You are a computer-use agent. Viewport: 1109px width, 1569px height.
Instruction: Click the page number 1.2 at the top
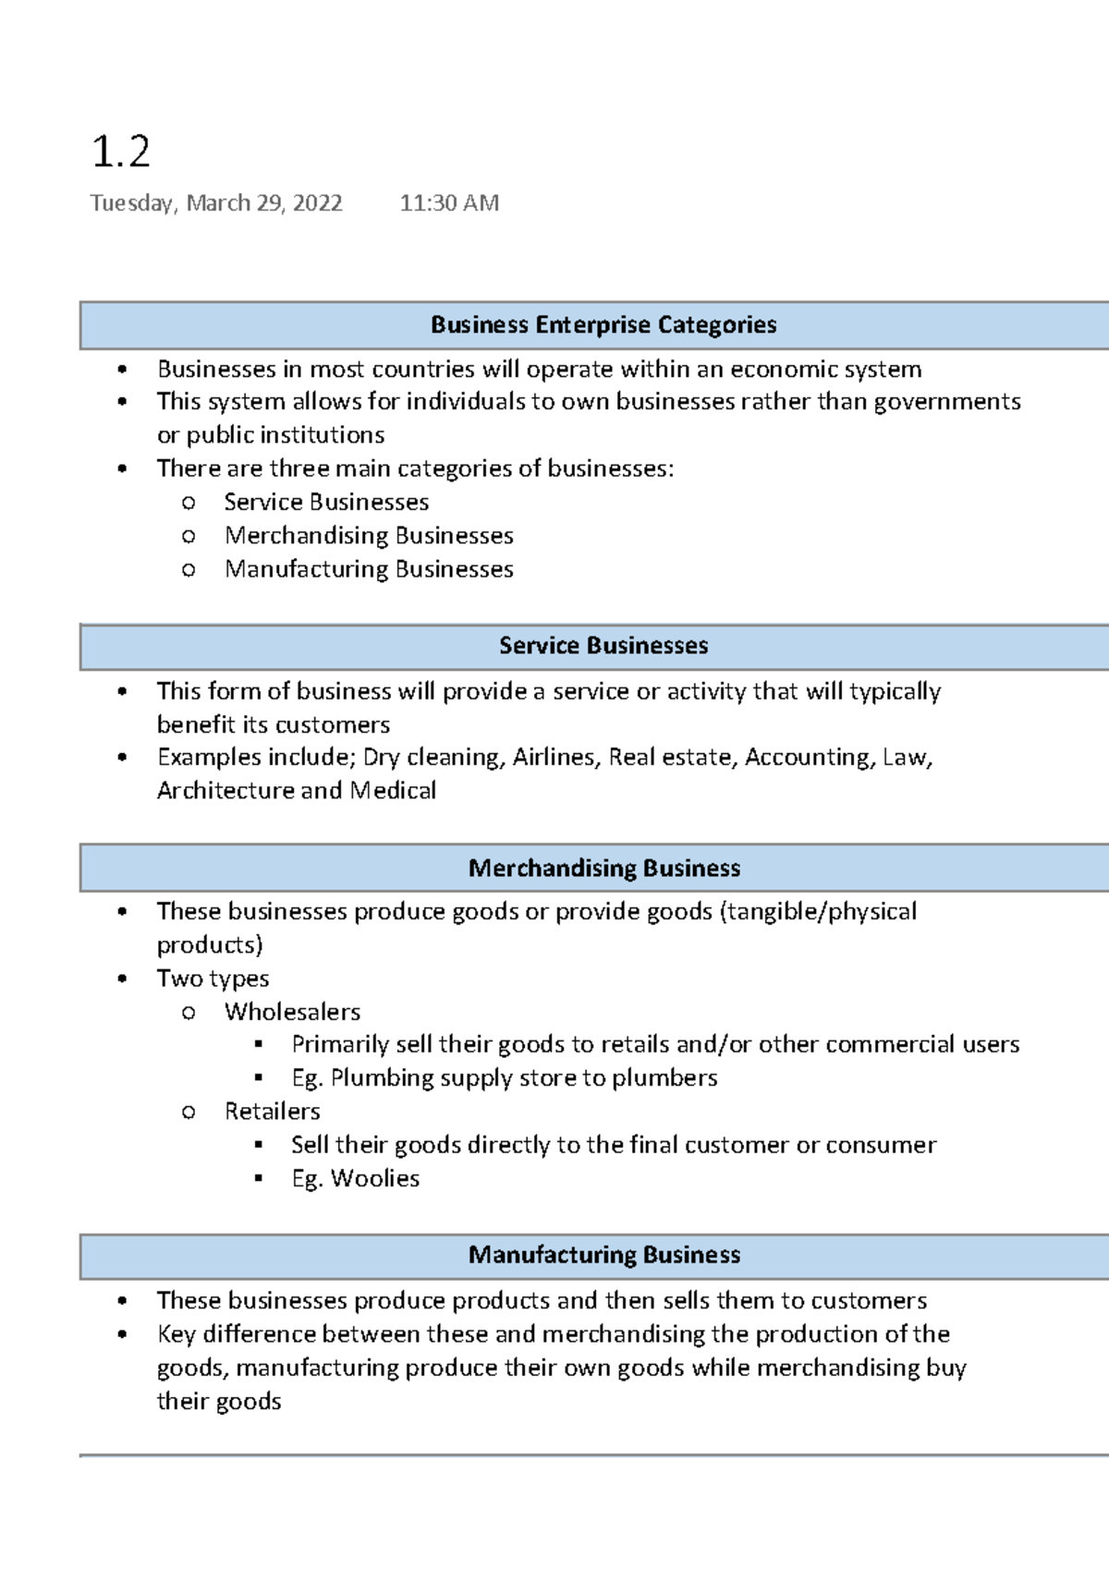pos(121,152)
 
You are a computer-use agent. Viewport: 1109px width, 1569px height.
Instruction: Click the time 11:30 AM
pos(449,203)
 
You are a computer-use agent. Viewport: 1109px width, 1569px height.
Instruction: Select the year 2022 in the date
pos(317,203)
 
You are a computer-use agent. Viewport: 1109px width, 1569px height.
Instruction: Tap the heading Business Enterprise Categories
pos(603,325)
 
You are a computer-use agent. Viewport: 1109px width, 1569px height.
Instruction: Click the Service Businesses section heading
pos(603,646)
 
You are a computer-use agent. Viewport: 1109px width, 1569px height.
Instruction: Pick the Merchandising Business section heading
pos(604,869)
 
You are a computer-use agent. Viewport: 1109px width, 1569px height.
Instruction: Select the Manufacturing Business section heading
pos(604,1255)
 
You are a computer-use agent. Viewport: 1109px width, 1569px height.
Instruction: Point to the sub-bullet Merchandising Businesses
pos(369,536)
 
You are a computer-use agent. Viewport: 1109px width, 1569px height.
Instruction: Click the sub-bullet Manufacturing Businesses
pos(369,569)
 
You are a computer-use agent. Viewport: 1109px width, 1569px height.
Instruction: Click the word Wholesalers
pos(292,1012)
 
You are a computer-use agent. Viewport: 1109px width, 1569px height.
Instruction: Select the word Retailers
pos(273,1112)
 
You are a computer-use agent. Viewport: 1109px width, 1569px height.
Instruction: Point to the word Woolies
pos(375,1179)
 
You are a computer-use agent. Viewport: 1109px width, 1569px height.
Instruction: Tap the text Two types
pos(213,979)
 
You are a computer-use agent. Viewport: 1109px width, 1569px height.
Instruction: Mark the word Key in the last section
pos(176,1334)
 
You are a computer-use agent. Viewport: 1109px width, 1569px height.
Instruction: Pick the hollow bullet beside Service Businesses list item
pos(189,504)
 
